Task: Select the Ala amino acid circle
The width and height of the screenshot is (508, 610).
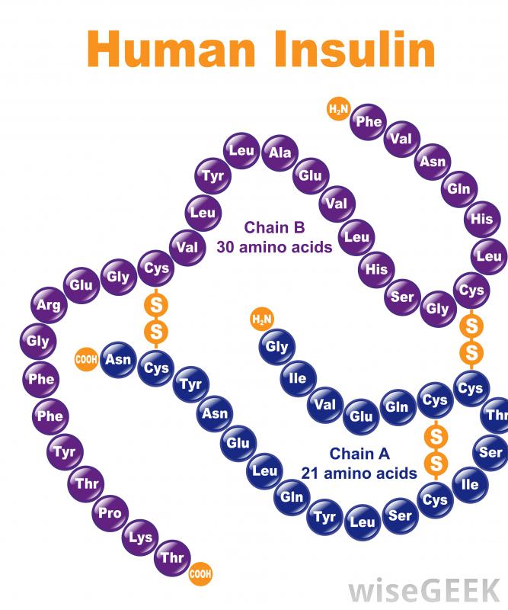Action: point(280,152)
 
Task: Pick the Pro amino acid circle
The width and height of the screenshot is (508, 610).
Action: point(110,513)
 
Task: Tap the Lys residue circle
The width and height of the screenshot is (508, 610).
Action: point(140,538)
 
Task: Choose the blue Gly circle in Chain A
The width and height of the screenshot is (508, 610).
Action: point(278,348)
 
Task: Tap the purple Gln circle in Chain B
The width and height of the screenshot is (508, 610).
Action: point(458,188)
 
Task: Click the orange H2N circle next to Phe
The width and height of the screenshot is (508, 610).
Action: point(337,110)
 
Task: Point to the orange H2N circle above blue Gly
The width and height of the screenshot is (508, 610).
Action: point(261,318)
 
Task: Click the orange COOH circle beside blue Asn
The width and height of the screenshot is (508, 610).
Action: point(85,358)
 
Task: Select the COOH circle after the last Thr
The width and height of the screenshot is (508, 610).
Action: point(200,573)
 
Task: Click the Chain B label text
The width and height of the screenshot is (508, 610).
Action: point(274,227)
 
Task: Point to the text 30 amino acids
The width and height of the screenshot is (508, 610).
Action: point(274,247)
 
